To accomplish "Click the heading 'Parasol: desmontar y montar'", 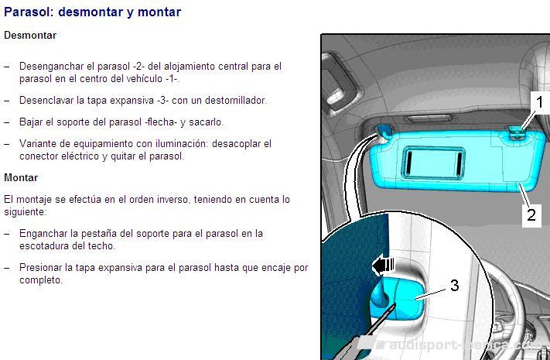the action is click(93, 12).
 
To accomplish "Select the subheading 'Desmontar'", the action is click(30, 35).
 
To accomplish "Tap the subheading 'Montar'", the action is click(21, 177).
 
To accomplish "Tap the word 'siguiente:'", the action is click(26, 212).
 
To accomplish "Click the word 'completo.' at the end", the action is click(41, 280).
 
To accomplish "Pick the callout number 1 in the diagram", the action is click(539, 102).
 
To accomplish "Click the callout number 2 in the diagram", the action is click(531, 214).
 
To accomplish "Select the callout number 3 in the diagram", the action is click(455, 285).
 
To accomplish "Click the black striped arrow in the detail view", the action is click(383, 266).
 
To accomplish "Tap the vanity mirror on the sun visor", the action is click(433, 163).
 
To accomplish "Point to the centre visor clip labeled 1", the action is click(515, 132).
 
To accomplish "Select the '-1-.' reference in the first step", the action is click(173, 79).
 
